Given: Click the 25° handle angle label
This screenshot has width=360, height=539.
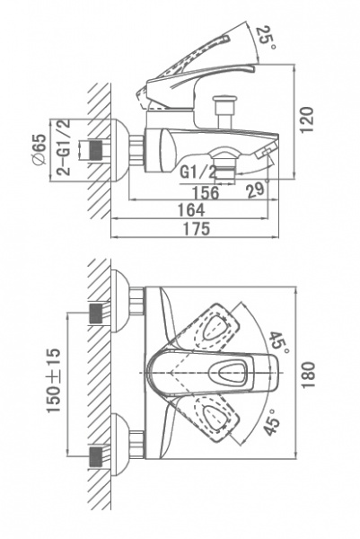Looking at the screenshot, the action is [x=266, y=37].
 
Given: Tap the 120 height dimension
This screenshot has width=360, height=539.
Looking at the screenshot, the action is [x=307, y=119].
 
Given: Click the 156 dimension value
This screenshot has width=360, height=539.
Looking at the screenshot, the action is [x=205, y=192].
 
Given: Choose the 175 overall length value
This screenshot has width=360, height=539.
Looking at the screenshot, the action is [x=196, y=228].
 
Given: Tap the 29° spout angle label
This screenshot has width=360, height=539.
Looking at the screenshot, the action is [x=257, y=189].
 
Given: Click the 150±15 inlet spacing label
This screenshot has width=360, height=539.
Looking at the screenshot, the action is [x=53, y=380].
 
